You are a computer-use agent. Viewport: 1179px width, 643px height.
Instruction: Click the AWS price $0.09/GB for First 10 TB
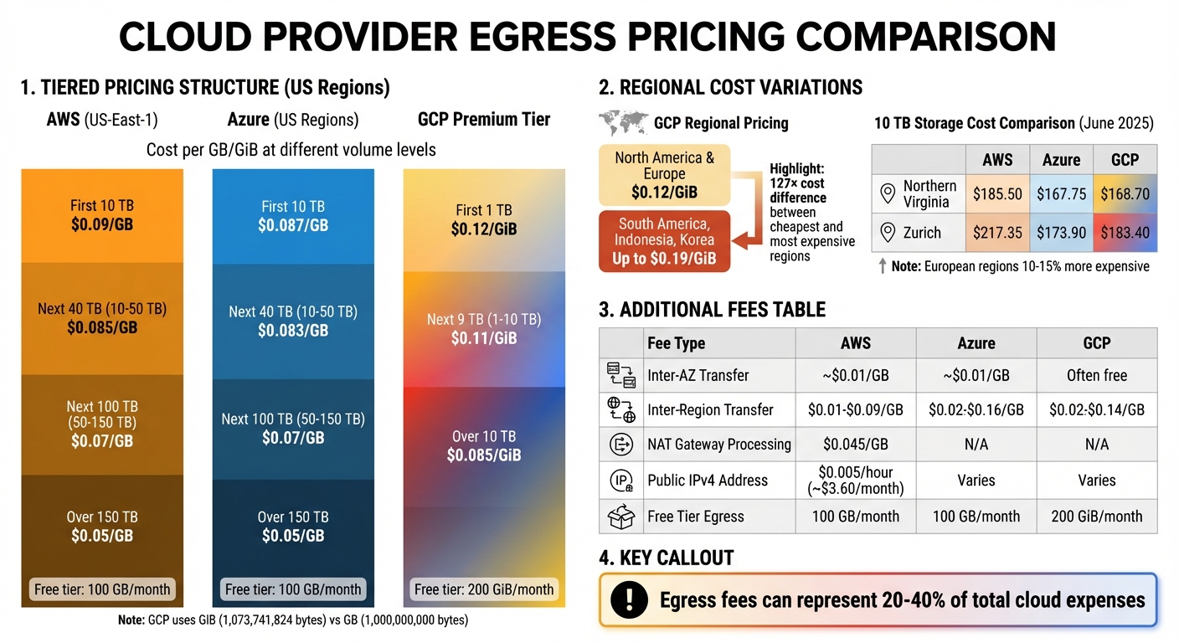[x=102, y=224]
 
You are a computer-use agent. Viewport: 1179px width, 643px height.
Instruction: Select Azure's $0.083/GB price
[x=293, y=330]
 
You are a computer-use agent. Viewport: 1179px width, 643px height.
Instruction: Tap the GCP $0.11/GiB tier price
[x=484, y=337]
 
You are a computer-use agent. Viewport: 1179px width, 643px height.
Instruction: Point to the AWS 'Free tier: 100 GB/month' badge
[x=101, y=589]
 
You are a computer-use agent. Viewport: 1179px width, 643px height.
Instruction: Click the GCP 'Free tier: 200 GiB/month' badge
[x=484, y=589]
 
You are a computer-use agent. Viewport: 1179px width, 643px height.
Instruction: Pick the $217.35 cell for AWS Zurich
[x=997, y=232]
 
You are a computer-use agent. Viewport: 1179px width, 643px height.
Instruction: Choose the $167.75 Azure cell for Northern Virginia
[x=1061, y=193]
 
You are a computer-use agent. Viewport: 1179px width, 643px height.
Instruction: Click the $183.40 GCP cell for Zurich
[x=1125, y=232]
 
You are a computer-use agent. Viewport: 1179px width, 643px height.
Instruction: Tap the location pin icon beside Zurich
[x=888, y=232]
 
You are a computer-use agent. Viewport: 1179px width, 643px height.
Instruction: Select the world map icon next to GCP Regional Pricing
[x=624, y=123]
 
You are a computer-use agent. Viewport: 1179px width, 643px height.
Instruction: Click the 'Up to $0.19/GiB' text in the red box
[x=664, y=259]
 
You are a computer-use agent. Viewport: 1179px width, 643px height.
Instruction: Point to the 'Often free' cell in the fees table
[x=1097, y=376]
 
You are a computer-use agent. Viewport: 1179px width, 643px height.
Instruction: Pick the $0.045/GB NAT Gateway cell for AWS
[x=855, y=445]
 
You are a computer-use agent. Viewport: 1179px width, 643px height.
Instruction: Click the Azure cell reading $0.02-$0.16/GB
[x=976, y=410]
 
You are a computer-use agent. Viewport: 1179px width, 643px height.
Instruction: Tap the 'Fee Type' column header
[x=676, y=343]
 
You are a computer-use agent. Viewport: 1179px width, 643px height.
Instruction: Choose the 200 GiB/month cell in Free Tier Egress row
[x=1097, y=517]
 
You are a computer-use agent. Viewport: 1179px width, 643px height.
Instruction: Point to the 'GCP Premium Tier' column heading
[x=484, y=120]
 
